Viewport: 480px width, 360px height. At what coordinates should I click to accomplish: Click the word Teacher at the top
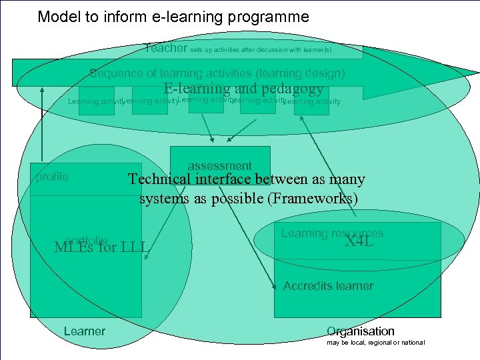click(x=166, y=48)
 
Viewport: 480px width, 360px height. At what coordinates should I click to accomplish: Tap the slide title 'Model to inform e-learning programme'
click(x=173, y=17)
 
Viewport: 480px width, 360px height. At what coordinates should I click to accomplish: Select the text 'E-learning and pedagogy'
click(x=243, y=89)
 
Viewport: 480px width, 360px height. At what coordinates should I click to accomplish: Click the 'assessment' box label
click(x=219, y=165)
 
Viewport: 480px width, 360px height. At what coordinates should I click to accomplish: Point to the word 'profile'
click(x=52, y=177)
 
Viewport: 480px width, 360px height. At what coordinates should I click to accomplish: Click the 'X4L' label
click(x=359, y=241)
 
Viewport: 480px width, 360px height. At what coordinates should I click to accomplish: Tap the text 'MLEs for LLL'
click(x=101, y=249)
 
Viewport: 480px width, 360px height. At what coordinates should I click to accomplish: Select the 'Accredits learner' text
click(x=328, y=286)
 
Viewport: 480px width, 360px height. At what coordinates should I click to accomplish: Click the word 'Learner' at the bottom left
click(x=84, y=331)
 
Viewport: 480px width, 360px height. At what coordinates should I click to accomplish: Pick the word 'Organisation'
click(x=360, y=331)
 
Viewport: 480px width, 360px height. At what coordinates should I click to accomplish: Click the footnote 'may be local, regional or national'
click(x=375, y=343)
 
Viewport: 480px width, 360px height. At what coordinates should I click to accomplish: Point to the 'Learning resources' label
click(x=332, y=233)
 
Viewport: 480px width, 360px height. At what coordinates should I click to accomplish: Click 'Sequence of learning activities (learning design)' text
click(x=217, y=73)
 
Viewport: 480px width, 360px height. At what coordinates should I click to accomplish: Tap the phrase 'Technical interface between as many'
click(x=247, y=179)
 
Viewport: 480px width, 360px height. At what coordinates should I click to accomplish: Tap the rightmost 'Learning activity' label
click(x=312, y=102)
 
